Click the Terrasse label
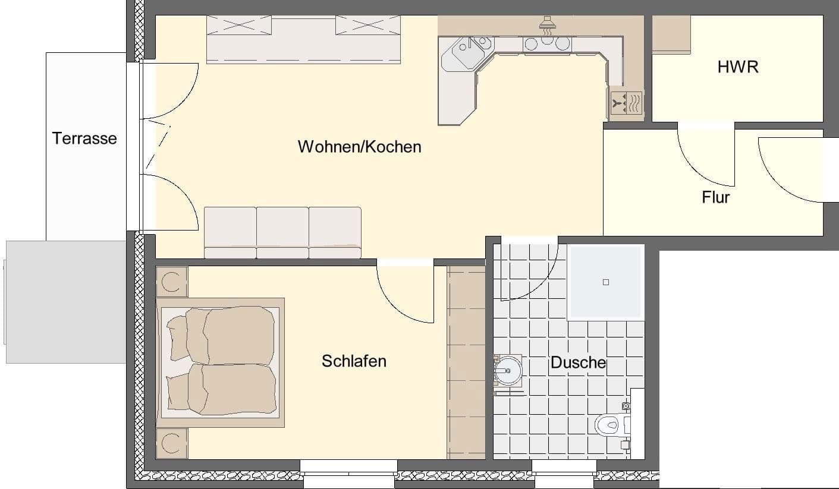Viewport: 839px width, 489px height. (x=84, y=138)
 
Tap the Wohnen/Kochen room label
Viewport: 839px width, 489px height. (x=359, y=147)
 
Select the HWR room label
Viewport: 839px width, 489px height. (x=738, y=67)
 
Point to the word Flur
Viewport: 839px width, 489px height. (x=715, y=197)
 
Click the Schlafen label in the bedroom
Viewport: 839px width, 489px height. (x=354, y=361)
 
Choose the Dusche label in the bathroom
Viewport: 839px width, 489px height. (x=578, y=362)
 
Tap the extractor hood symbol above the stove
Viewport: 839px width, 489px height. (x=547, y=23)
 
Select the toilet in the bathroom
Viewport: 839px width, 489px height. (x=609, y=425)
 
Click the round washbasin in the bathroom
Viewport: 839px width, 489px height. (x=507, y=371)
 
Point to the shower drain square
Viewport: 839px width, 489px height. (x=606, y=282)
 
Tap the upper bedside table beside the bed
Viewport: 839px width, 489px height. (x=172, y=282)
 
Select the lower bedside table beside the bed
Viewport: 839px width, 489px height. (x=172, y=443)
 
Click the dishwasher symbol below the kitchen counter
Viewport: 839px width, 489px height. (x=626, y=103)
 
